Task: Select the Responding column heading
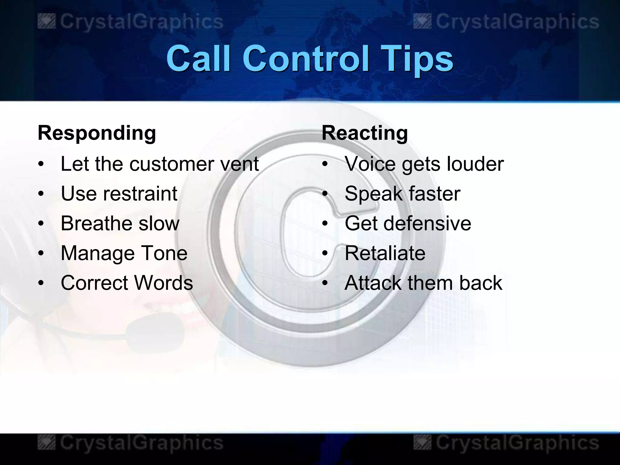click(97, 133)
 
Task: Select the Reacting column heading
click(365, 133)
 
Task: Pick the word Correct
click(95, 283)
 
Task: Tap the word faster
click(434, 194)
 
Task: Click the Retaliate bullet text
click(385, 253)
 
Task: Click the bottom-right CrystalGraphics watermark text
click(517, 443)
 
